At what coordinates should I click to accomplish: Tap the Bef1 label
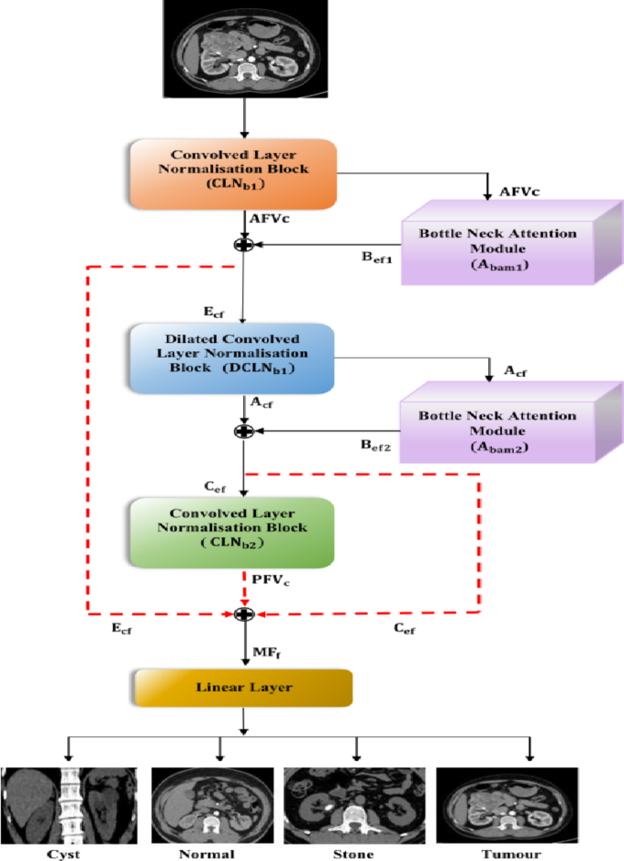coord(376,258)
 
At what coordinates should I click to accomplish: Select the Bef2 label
coord(376,445)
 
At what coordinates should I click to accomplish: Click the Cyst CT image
coord(68,805)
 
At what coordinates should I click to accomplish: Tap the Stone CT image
coord(356,805)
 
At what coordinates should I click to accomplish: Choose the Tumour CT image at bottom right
coord(506,805)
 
